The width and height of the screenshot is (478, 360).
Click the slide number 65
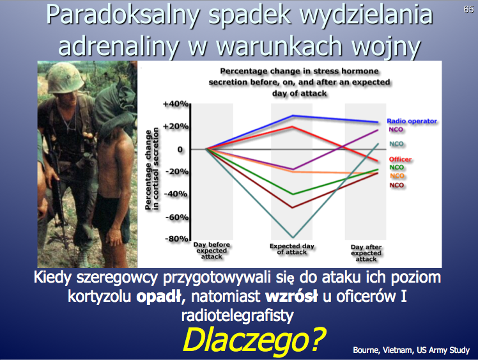tap(468, 9)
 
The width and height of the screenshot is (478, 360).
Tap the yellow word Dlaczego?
tap(254, 340)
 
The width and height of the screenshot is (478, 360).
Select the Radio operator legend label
tap(412, 121)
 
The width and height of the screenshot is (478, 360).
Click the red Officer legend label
tap(400, 159)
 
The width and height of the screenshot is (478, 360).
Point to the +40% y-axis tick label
tap(176, 104)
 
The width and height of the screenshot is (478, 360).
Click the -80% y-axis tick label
tap(176, 239)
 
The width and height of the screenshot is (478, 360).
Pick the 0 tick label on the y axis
tap(180, 150)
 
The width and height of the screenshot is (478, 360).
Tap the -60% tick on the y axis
tap(177, 217)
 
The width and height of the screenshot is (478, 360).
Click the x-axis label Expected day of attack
tap(292, 249)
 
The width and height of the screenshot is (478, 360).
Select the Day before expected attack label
tap(212, 251)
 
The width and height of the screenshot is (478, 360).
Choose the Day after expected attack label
tap(366, 253)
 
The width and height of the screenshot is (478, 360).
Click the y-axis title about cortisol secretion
tap(152, 169)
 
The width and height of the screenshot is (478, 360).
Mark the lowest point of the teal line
tap(293, 237)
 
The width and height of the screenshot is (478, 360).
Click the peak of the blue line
tap(293, 116)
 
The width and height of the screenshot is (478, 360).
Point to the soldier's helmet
tap(65, 77)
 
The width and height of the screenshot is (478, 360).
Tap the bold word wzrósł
tap(291, 296)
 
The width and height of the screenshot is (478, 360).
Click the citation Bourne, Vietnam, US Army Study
tap(412, 350)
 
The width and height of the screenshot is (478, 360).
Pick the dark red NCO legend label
tap(397, 185)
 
